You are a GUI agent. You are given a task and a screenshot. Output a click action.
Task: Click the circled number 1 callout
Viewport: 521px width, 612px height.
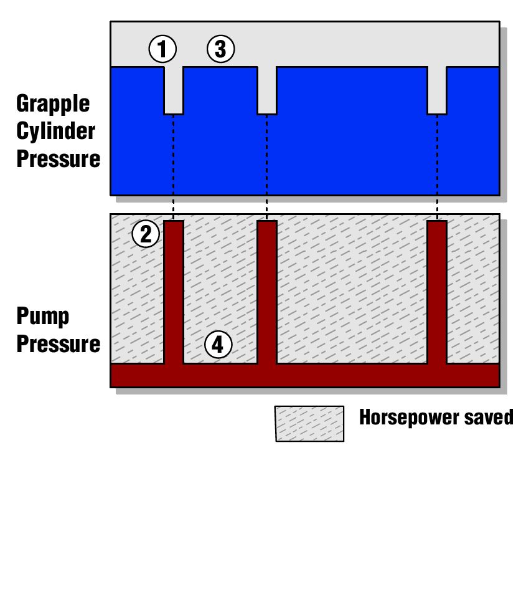[x=162, y=49]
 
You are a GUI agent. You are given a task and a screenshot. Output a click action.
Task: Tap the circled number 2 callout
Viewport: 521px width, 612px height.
[x=146, y=234]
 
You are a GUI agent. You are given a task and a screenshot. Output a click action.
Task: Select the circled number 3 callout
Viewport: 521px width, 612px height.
[x=220, y=49]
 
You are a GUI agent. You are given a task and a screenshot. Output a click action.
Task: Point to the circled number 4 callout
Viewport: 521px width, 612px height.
[x=218, y=345]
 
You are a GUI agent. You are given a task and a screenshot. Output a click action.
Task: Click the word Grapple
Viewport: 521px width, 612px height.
[x=53, y=104]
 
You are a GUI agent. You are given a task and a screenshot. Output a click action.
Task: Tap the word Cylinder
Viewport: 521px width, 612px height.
[x=56, y=131]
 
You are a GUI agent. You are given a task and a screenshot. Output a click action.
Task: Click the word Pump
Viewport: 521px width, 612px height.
[x=43, y=317]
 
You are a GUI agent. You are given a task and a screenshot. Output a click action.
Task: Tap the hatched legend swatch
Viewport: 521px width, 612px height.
[x=309, y=424]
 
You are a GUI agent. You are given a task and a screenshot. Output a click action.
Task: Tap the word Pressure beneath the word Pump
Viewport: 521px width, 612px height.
[x=59, y=345]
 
